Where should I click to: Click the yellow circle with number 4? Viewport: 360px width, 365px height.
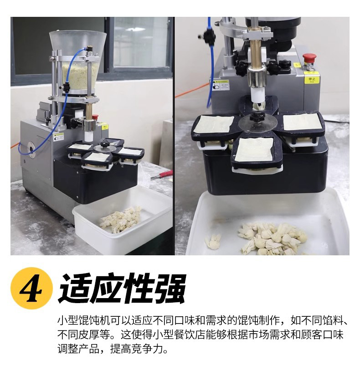tap(32, 288)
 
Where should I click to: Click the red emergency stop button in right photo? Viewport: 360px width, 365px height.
tap(309, 58)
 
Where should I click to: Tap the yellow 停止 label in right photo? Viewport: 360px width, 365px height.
tap(312, 80)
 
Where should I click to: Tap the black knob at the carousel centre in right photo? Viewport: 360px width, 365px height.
tap(256, 116)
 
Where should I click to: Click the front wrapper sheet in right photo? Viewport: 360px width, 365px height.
tap(254, 150)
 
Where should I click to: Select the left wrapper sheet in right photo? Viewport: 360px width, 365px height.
tap(214, 124)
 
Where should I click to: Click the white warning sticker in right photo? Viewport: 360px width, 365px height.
tap(221, 85)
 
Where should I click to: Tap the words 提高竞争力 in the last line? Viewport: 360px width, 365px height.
tap(139, 349)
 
